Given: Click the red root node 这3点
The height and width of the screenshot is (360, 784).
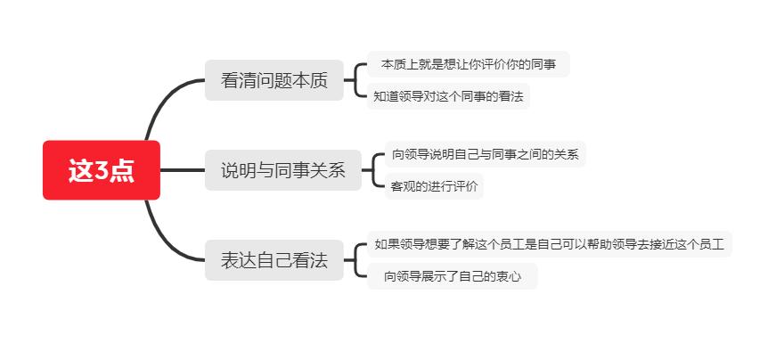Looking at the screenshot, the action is (x=102, y=170).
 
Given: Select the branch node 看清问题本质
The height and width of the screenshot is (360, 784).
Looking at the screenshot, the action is (x=274, y=81).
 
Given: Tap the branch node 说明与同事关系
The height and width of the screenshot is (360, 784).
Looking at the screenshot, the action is (x=282, y=170).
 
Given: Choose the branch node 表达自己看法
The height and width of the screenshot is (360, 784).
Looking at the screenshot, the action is (x=274, y=261).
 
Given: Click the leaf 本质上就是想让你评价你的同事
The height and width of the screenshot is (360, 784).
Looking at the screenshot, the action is (x=468, y=64).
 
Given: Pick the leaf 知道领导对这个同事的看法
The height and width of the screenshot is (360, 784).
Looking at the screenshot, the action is (x=448, y=95).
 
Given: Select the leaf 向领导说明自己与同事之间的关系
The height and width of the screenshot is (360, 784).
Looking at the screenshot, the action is (x=485, y=154).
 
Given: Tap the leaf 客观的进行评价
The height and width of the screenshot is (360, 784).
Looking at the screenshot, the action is (x=435, y=186).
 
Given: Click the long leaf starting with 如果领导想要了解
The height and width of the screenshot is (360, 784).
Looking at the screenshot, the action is (x=549, y=243).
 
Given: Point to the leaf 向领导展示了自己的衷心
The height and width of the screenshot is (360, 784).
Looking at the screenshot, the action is (x=453, y=276).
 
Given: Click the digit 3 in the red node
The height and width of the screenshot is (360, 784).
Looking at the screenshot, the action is (x=102, y=171).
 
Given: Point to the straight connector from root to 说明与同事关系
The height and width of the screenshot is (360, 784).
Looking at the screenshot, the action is (x=183, y=170).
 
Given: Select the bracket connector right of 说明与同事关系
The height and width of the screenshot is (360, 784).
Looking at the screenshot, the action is (x=373, y=170).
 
